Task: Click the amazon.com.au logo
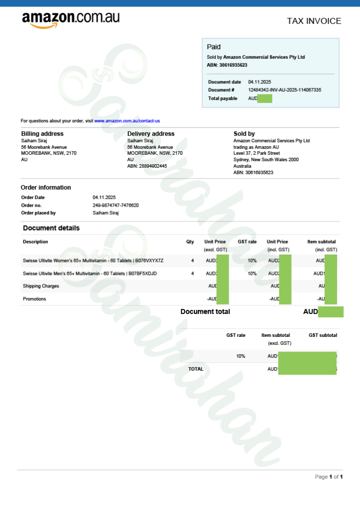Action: (70, 19)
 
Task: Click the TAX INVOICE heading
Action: (314, 21)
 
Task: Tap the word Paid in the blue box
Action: (213, 47)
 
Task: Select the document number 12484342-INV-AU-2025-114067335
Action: (285, 90)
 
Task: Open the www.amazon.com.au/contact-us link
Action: (127, 121)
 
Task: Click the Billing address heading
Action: (42, 134)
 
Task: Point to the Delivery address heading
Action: (151, 134)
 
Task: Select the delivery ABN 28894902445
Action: (147, 166)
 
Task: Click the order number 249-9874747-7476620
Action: (116, 205)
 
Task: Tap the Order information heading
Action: (46, 188)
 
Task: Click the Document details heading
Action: (51, 228)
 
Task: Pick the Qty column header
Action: (190, 242)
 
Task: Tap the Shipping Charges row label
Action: (41, 286)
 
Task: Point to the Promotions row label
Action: (34, 299)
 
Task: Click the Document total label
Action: (205, 311)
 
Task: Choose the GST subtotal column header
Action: (323, 335)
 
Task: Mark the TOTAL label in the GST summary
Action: (195, 369)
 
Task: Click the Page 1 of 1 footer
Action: (329, 477)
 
